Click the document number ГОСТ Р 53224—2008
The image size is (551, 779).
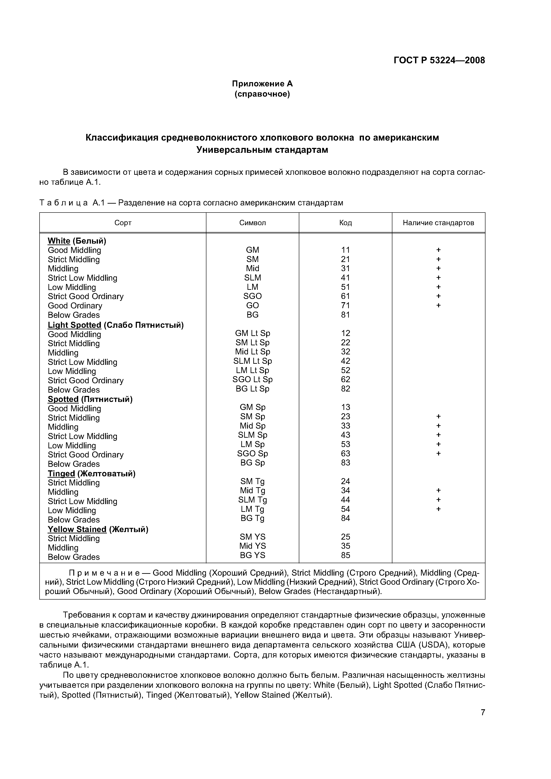pyautogui.click(x=439, y=60)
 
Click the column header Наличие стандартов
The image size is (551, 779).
pyautogui.click(x=438, y=223)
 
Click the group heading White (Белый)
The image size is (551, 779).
pyautogui.click(x=77, y=241)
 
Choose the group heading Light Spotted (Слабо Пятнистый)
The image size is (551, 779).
pyautogui.click(x=116, y=325)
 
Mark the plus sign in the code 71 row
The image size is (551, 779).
pyautogui.click(x=438, y=306)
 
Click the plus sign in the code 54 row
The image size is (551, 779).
pyautogui.click(x=438, y=509)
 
